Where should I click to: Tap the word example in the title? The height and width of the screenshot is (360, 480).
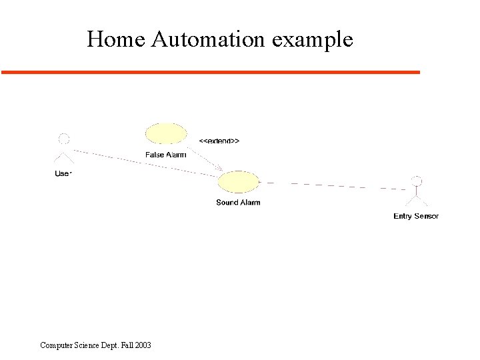pos(312,40)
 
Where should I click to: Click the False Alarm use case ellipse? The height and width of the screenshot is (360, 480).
pos(166,133)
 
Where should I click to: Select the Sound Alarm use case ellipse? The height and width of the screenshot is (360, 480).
pos(238,182)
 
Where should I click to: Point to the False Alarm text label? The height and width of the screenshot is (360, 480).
pos(166,155)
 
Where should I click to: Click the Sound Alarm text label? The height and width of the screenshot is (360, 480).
pos(238,203)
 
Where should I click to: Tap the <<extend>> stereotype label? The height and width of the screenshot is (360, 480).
pos(219,141)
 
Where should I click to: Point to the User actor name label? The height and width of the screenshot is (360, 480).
pos(63,174)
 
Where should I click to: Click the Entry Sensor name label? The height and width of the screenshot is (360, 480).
pos(416,216)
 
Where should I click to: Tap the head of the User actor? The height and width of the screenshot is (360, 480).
pos(64,139)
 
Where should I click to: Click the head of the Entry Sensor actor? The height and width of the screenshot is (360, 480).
pos(417,181)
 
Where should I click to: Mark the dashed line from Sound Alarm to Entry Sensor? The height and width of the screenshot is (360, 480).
pos(333,185)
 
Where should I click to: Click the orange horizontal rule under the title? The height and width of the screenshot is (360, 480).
pos(211,71)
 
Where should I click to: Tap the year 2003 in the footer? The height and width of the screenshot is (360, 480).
pos(142,345)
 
